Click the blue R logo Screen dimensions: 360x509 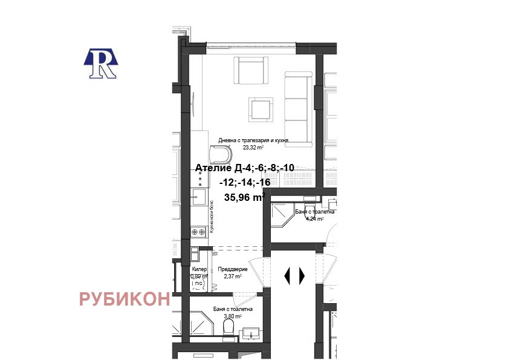coord(100,63)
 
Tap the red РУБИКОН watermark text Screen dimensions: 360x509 coord(125,299)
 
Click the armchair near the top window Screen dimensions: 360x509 coord(251,71)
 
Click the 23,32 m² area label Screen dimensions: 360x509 coord(253,147)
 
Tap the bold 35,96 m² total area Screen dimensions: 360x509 coord(244,197)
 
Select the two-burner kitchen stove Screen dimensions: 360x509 coord(198,231)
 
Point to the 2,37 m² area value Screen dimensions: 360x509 coord(233,277)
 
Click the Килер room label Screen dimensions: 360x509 coord(199,270)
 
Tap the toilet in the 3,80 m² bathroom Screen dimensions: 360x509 coord(229,327)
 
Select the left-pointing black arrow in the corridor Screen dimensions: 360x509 coord(288,275)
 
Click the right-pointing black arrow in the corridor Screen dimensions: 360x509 coord(302,275)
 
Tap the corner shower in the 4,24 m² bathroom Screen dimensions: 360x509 coord(280,214)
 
